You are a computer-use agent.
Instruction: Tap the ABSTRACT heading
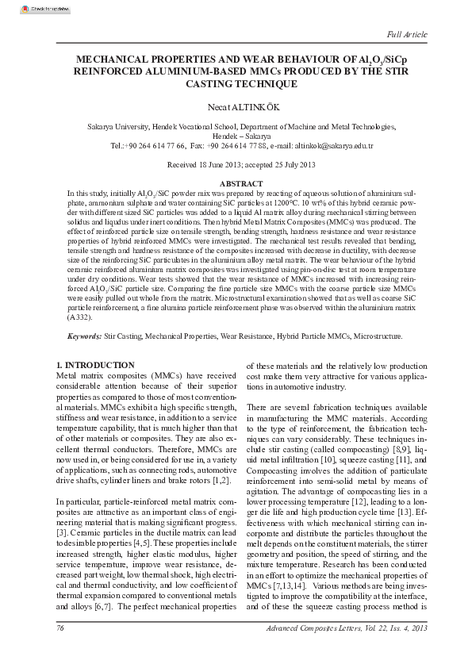(x=236, y=184)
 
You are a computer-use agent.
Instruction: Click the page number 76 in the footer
(x=59, y=651)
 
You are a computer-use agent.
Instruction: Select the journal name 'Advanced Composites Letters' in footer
(x=317, y=651)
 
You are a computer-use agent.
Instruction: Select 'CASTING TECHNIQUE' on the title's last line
(x=236, y=83)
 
